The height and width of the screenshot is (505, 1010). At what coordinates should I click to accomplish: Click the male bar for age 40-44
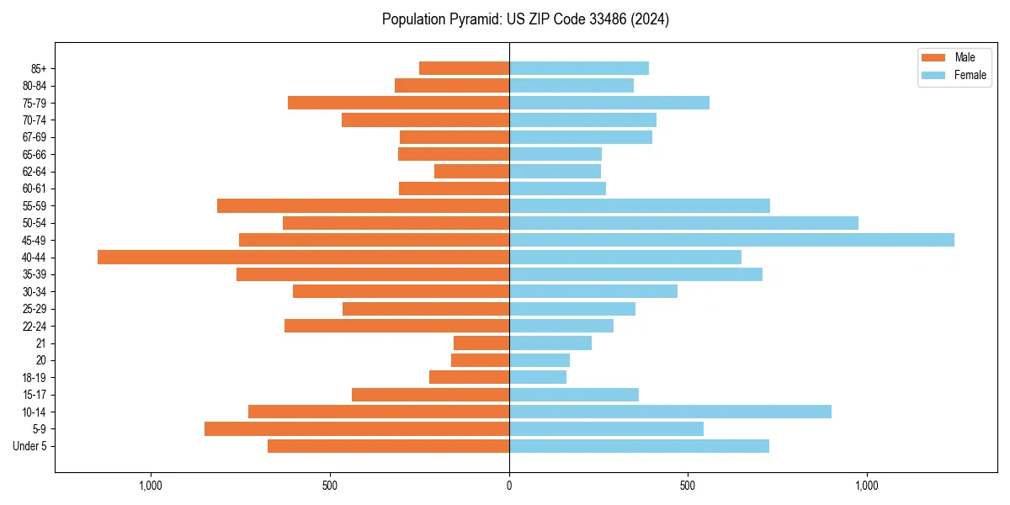point(303,257)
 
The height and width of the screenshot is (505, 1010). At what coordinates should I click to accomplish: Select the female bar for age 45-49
point(731,240)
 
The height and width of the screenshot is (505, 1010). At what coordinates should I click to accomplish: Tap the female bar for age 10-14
point(670,412)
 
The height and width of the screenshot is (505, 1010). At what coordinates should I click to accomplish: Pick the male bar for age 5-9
point(357,428)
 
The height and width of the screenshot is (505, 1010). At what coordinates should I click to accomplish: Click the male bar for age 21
point(481,343)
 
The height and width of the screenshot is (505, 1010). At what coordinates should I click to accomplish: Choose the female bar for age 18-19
point(538,377)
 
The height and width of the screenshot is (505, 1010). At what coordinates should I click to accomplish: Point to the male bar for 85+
point(464,68)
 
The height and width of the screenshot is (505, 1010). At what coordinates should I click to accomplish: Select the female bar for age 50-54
point(683,223)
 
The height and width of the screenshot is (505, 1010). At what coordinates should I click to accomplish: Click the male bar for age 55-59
point(363,205)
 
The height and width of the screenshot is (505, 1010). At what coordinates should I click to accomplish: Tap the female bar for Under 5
point(639,446)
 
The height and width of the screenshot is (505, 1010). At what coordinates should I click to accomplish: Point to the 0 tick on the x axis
point(509,486)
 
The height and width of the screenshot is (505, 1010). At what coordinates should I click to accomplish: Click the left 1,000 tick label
point(151,486)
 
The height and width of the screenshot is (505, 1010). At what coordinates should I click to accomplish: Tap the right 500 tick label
point(688,486)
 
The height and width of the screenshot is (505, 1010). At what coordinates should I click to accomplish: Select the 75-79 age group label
point(35,103)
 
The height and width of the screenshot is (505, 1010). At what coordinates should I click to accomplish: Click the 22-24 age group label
point(35,326)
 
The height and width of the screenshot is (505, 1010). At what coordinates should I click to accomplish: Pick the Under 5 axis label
point(30,446)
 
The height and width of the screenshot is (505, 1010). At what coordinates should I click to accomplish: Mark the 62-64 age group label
point(35,171)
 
